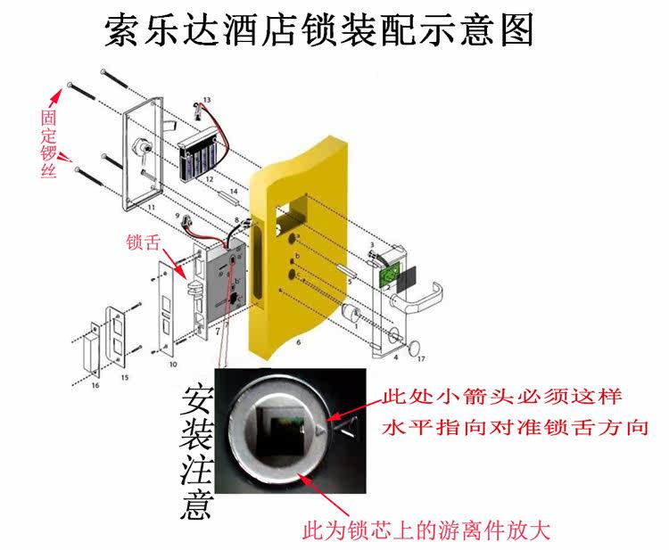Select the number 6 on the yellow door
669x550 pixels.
pyautogui.click(x=299, y=341)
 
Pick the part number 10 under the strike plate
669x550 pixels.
pyautogui.click(x=172, y=365)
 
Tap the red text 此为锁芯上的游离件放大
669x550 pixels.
pyautogui.click(x=426, y=532)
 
